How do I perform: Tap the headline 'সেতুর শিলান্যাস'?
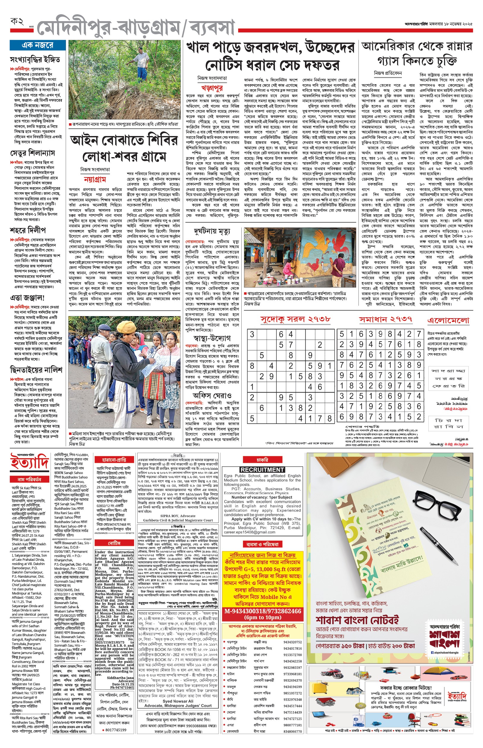pos(32,153)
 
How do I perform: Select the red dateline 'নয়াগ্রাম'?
pos(95,179)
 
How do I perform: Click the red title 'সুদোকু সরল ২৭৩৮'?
pos(295,319)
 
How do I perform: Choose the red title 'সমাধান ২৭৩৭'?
pos(385,319)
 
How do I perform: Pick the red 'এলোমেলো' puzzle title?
pos(448,320)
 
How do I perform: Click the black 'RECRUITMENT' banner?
pos(262,470)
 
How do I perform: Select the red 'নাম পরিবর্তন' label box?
pos(29,479)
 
